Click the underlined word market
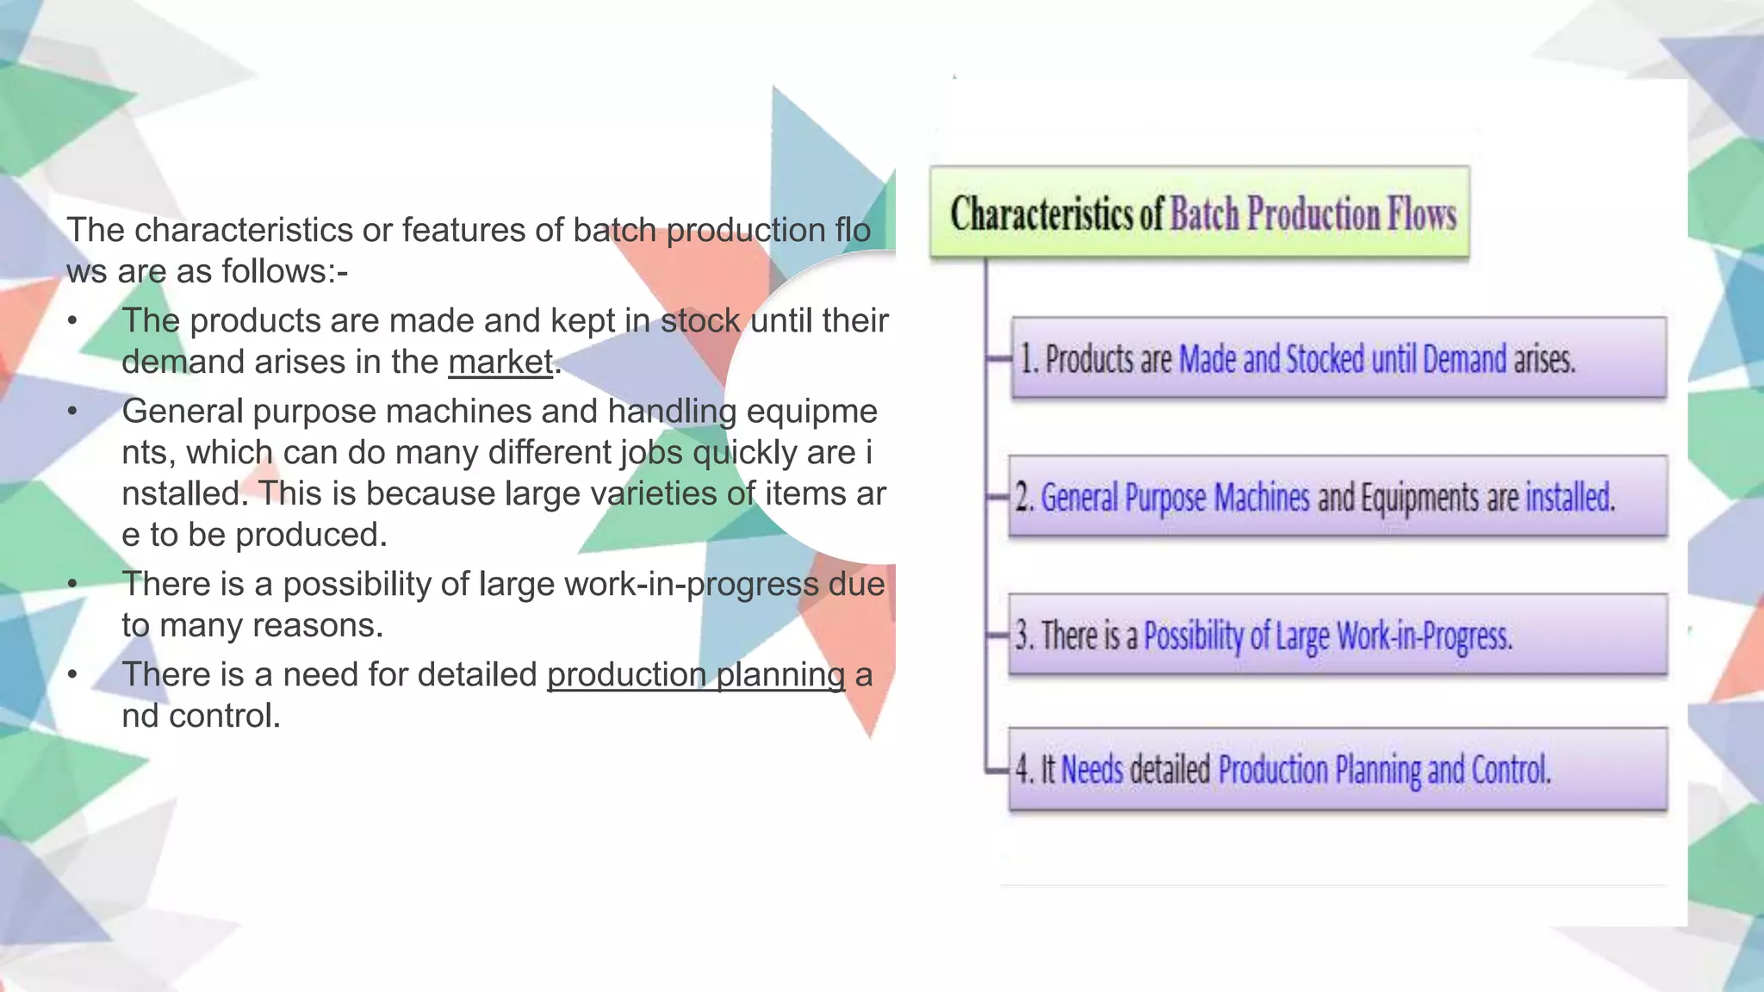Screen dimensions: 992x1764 click(500, 362)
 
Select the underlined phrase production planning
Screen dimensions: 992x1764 click(696, 674)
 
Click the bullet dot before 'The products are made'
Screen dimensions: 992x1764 click(73, 321)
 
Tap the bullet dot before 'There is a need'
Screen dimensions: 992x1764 click(73, 675)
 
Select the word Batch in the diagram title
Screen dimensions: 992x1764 click(1204, 214)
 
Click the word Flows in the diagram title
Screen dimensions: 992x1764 click(1421, 214)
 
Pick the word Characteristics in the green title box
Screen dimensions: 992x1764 click(1041, 214)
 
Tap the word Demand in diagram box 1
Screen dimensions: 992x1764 click(1464, 359)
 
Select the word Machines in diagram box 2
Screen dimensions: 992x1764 click(1262, 498)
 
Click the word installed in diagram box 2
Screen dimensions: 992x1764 click(1569, 498)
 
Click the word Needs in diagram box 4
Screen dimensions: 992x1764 click(1092, 769)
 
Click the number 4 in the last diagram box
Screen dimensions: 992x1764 click(1022, 769)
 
